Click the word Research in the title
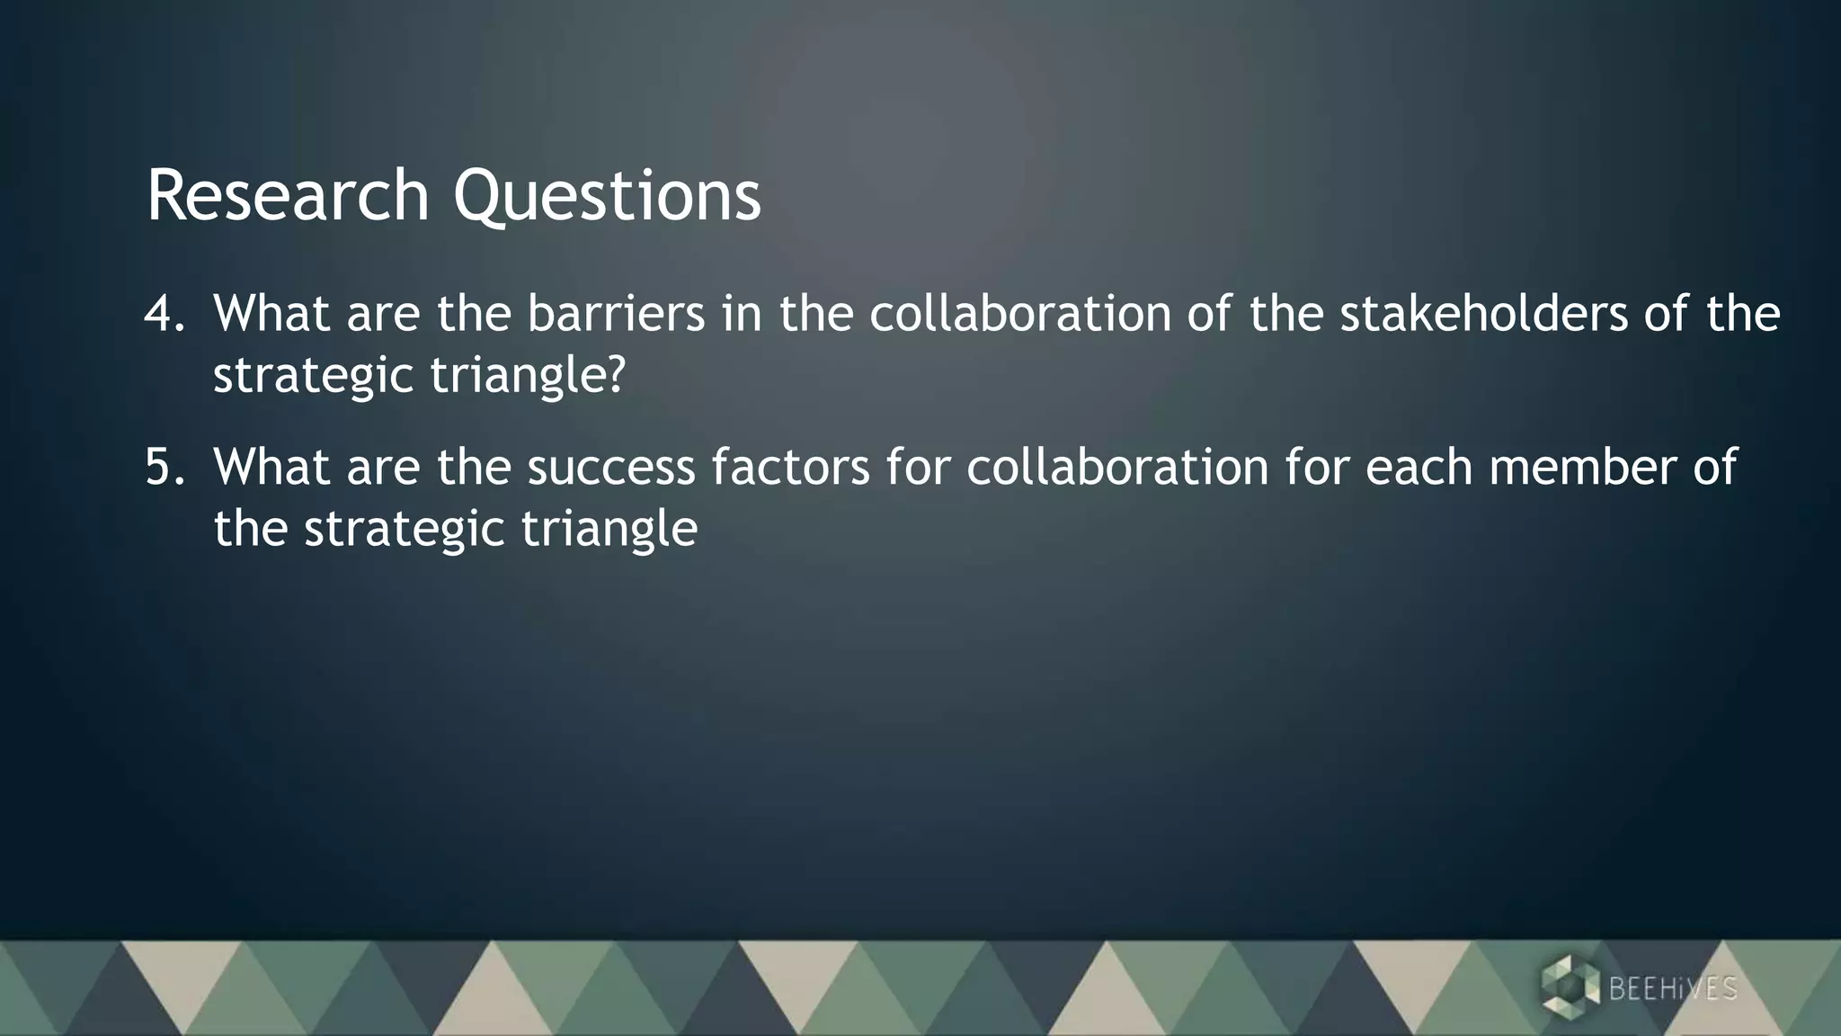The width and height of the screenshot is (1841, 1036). click(288, 195)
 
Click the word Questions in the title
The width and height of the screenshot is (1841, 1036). click(607, 195)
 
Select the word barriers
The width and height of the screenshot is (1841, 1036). click(616, 314)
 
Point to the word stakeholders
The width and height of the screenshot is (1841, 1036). click(1484, 314)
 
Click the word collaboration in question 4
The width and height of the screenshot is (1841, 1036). click(1019, 314)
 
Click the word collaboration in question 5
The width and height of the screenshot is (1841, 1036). click(1116, 468)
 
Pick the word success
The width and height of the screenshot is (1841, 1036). click(611, 468)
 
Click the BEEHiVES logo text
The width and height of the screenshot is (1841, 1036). click(1672, 989)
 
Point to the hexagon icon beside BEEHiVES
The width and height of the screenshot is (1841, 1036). click(1570, 988)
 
